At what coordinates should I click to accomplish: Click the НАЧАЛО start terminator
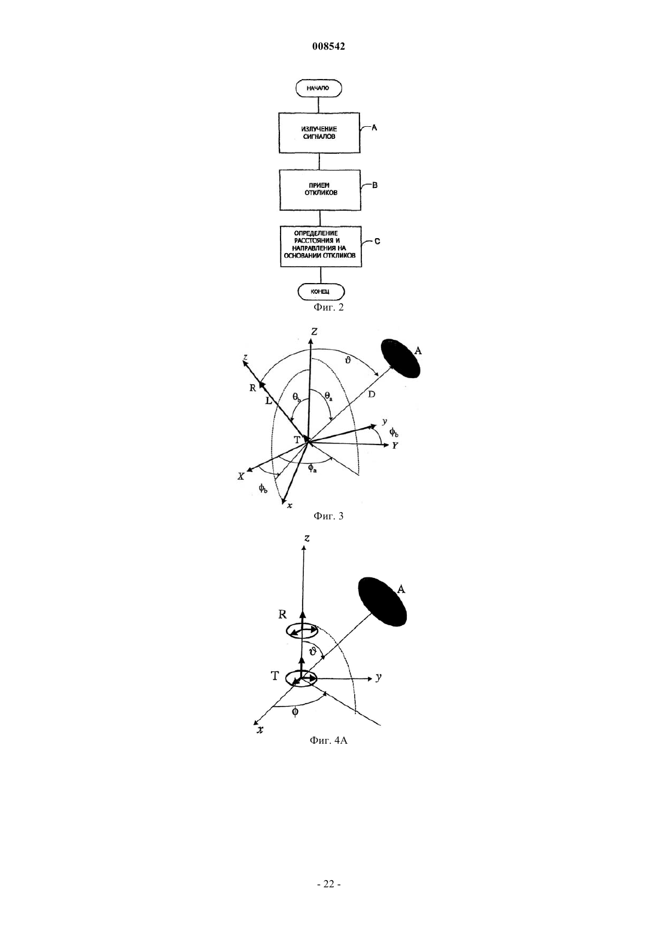coord(319,88)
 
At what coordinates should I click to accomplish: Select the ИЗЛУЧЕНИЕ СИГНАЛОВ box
coord(319,133)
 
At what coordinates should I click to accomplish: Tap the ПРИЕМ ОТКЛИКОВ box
coord(320,190)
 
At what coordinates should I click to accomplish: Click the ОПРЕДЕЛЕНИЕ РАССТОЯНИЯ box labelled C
coord(321,246)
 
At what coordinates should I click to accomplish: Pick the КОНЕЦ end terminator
coord(321,292)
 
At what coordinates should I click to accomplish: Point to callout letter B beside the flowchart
coord(374,185)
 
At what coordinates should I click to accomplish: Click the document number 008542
coord(328,47)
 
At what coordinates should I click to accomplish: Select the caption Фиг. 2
coord(328,308)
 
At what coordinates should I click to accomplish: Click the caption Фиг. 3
coord(328,516)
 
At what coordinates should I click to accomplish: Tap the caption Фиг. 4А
coord(328,740)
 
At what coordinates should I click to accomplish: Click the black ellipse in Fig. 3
coord(402,358)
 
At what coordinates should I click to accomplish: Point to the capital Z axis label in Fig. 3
coord(315,331)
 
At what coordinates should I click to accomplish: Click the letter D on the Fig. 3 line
coord(371,394)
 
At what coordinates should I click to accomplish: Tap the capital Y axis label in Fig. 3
coord(395,446)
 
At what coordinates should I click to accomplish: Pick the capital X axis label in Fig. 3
coord(241,477)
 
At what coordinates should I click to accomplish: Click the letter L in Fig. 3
coord(269,401)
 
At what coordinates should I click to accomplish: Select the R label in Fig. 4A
coord(282,614)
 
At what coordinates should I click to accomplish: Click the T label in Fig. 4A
coord(275,676)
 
